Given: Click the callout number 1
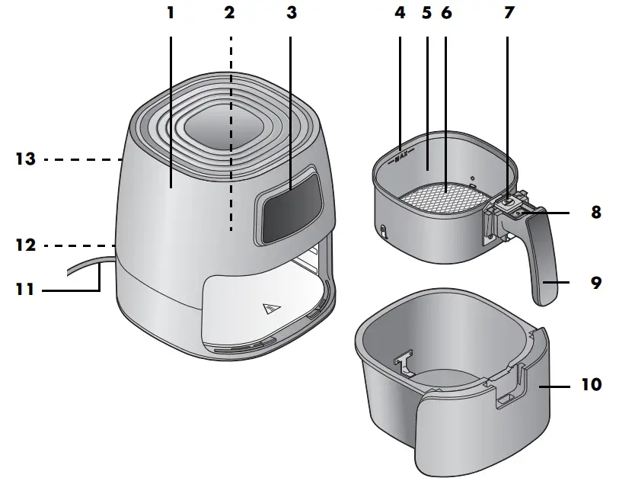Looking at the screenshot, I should (171, 13).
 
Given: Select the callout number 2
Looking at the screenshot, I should (230, 13).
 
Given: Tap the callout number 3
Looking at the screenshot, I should (290, 13).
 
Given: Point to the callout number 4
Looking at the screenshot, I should (400, 13).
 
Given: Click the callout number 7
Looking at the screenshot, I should (509, 13).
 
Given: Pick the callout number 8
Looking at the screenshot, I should (595, 213).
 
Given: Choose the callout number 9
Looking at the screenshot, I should (595, 283).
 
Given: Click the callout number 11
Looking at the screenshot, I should (24, 290).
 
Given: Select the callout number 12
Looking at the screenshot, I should (24, 245).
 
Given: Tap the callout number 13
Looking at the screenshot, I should (24, 159).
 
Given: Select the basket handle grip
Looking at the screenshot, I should (542, 267).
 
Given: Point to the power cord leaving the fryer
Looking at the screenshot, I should (84, 267).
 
